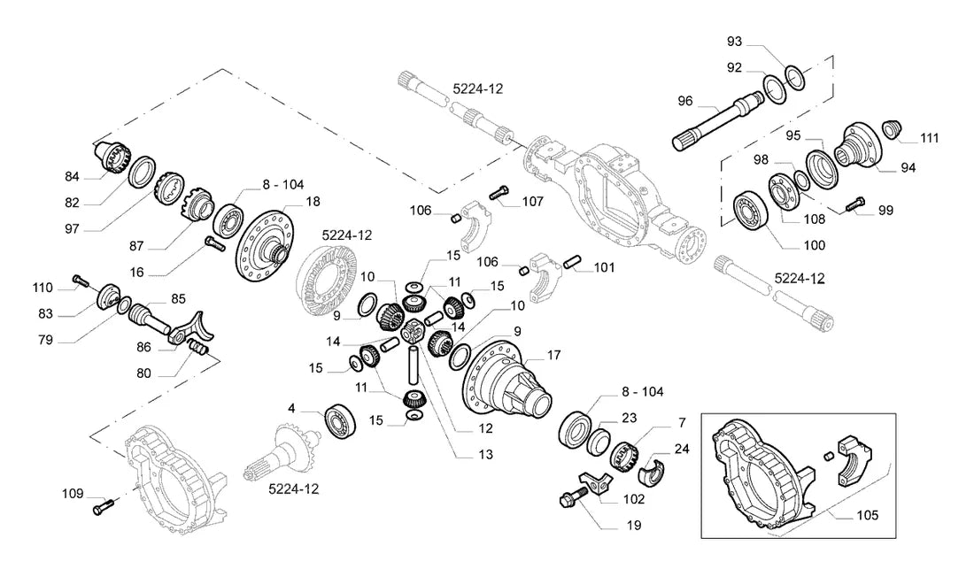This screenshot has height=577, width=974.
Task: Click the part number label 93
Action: (x=734, y=42)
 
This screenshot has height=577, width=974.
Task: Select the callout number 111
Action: (x=929, y=139)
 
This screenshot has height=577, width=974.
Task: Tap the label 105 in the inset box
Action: (x=867, y=516)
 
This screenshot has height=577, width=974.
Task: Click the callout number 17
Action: (x=553, y=355)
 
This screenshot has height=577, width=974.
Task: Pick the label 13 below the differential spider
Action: (x=486, y=455)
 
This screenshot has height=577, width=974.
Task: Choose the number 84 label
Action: (x=72, y=177)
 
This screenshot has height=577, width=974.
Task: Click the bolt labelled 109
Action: (x=104, y=507)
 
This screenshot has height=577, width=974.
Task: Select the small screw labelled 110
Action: (x=78, y=281)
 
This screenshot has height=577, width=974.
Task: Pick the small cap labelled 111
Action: (x=890, y=129)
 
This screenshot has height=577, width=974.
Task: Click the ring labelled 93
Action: (x=795, y=76)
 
